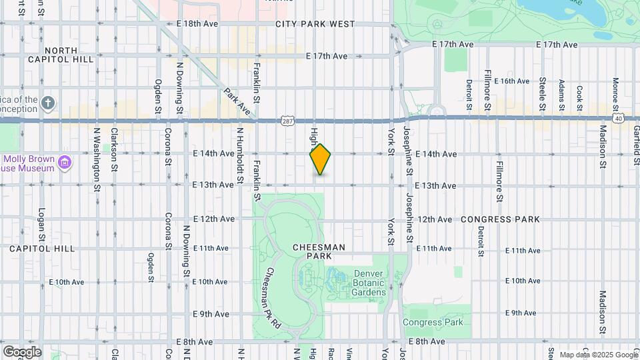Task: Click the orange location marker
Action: point(321,159)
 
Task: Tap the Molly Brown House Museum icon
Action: point(65,162)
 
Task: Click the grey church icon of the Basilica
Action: point(47,103)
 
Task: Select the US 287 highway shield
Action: point(287,121)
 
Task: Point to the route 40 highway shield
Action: point(619,119)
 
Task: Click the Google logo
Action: point(22,351)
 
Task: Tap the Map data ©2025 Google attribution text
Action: point(598,355)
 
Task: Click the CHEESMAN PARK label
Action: point(319,251)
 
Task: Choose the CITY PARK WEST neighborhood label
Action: point(315,24)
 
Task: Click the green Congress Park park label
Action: point(433,323)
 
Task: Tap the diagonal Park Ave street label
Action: point(236,103)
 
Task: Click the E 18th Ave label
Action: point(198,23)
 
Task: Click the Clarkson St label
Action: point(115,151)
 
